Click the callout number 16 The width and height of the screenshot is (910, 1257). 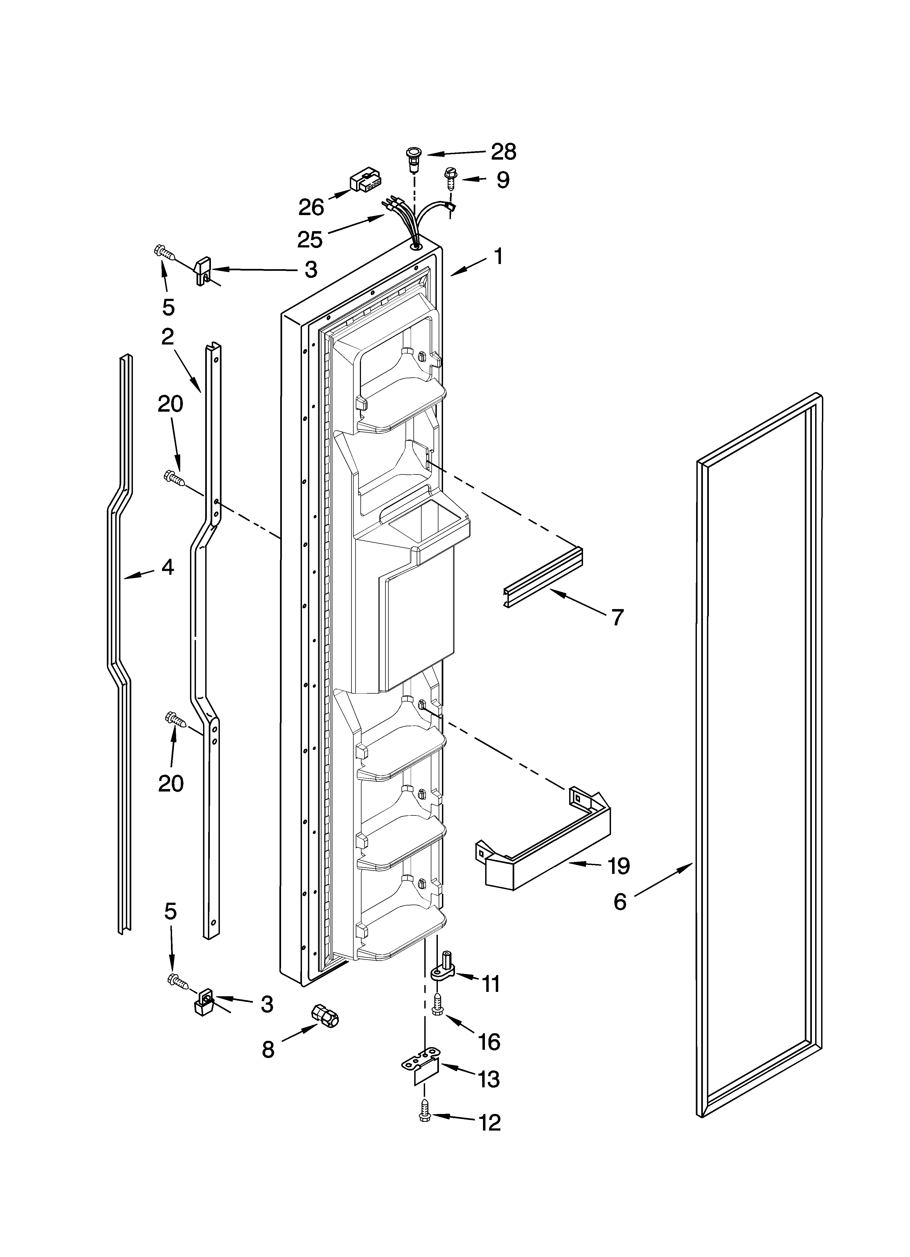(x=489, y=1042)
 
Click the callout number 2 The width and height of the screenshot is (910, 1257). (x=167, y=336)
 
